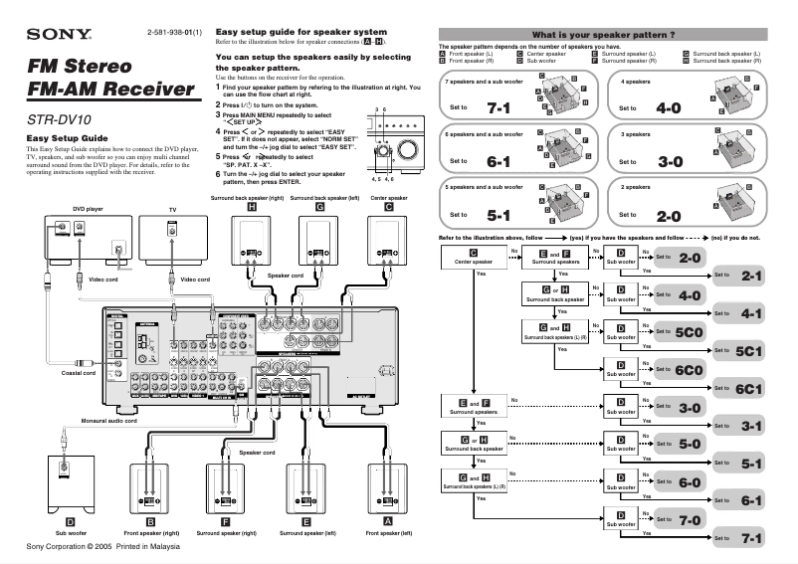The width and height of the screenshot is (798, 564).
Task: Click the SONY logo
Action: (59, 36)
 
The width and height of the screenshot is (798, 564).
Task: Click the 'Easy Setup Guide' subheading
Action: (66, 138)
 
